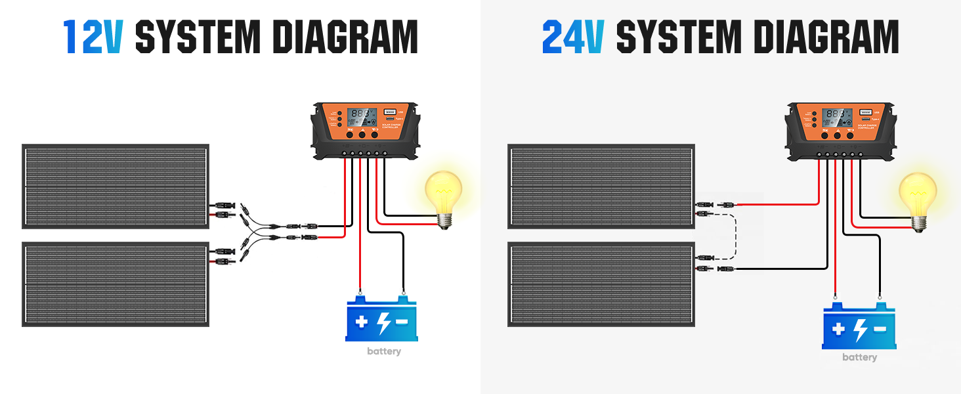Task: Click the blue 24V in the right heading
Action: tap(572, 37)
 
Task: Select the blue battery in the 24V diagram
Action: tap(859, 326)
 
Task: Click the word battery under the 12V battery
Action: tap(384, 351)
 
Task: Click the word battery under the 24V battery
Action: tap(859, 357)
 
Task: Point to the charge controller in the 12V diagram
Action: tap(366, 130)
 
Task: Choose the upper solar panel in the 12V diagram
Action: tap(116, 186)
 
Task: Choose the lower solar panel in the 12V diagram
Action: tap(116, 284)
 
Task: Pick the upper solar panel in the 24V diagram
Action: tap(601, 186)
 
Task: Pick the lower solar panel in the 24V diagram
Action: tap(601, 284)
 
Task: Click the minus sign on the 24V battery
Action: tap(879, 329)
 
